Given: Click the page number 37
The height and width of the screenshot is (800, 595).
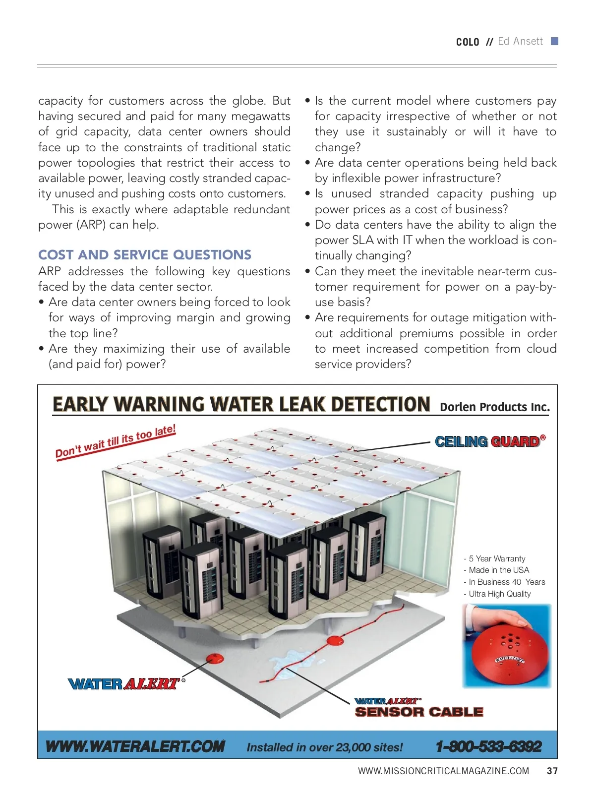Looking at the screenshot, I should tap(552, 771).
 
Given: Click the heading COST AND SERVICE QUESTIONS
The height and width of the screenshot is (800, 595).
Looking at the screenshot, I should tap(145, 255).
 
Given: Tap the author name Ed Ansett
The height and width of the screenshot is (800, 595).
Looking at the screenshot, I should tap(520, 41).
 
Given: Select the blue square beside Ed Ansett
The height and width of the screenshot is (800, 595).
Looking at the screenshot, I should tap(555, 41).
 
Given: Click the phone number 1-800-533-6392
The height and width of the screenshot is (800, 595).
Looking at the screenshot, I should tap(488, 746).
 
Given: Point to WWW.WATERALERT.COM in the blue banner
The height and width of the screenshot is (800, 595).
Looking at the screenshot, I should tap(135, 746).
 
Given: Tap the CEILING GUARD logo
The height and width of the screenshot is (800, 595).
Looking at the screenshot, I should tap(490, 441).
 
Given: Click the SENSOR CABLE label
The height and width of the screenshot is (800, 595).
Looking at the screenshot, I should tap(419, 712).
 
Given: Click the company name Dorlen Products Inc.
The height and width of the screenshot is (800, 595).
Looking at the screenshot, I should tap(495, 407).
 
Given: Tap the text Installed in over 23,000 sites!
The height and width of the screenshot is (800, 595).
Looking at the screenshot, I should tap(325, 747).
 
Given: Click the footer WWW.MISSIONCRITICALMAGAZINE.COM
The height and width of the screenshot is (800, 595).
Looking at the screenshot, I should tap(443, 771).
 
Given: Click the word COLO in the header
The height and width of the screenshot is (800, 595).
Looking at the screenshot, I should tap(468, 42).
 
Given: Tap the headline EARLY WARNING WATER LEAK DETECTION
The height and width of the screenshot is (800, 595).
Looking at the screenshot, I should tap(241, 404).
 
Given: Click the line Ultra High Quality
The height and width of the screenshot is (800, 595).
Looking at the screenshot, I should tap(500, 594).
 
